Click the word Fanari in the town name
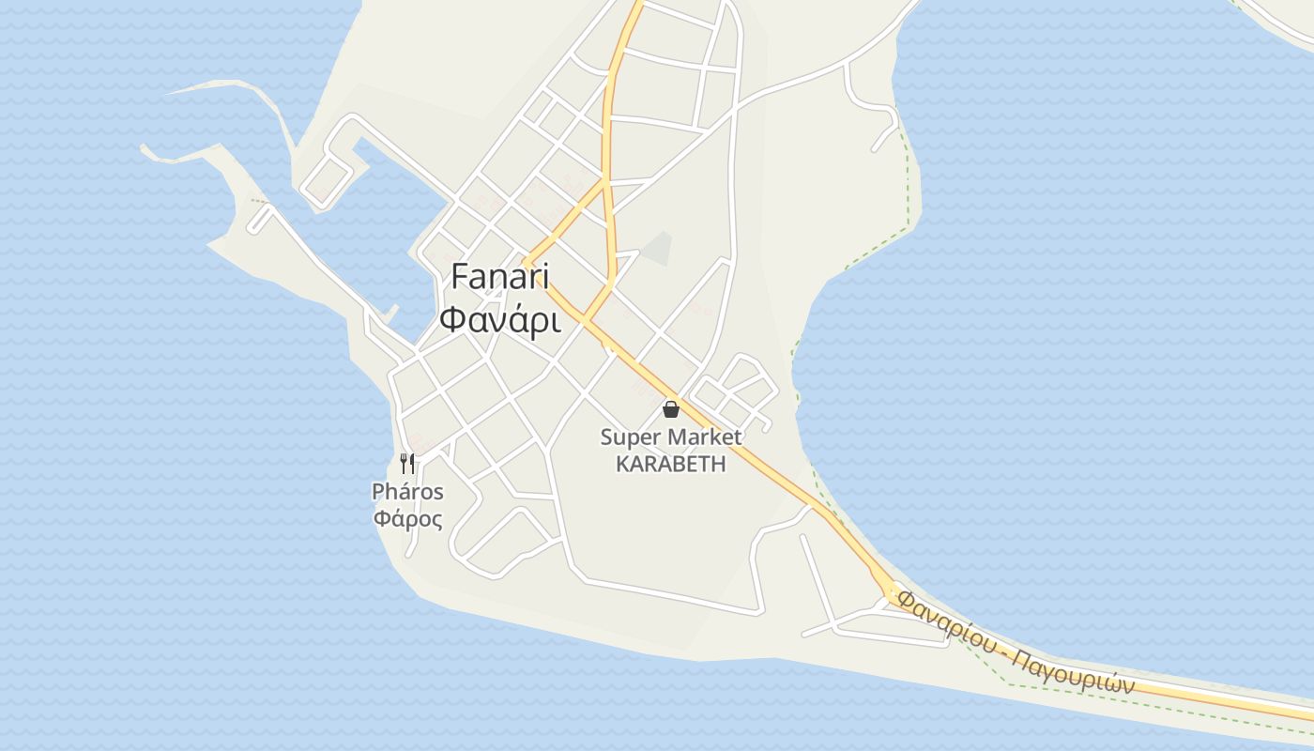499,277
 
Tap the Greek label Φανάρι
499,320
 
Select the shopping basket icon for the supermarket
670,408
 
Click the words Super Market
670,437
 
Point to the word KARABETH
670,464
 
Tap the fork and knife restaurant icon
407,463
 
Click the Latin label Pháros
407,491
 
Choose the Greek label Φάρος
407,518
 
